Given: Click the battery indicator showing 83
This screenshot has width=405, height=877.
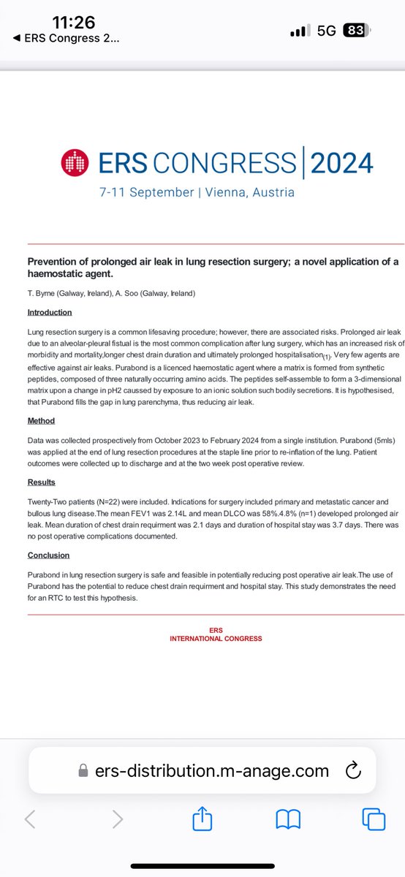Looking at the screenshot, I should (x=356, y=31).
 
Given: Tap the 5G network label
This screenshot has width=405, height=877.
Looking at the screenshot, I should (x=327, y=31).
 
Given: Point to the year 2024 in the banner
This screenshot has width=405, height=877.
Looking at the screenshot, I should (x=341, y=162).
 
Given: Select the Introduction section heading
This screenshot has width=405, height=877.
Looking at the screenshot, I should (x=50, y=312).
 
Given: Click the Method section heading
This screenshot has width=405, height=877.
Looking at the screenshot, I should (x=41, y=421).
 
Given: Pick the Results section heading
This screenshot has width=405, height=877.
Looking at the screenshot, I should (x=42, y=483).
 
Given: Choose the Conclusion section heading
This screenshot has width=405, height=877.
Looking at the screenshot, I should (x=50, y=555).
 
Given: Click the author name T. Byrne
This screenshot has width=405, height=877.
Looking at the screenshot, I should (x=42, y=293).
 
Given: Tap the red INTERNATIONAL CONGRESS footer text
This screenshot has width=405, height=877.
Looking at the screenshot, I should (x=216, y=638).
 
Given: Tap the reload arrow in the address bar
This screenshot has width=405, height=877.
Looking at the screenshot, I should (x=352, y=770).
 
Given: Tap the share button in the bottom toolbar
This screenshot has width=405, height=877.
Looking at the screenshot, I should (x=202, y=819).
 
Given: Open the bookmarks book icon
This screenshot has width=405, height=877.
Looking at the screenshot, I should (x=288, y=820).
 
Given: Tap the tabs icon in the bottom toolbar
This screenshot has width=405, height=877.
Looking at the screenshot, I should (x=374, y=819).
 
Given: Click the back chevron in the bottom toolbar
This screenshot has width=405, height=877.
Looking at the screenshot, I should (x=30, y=820).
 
